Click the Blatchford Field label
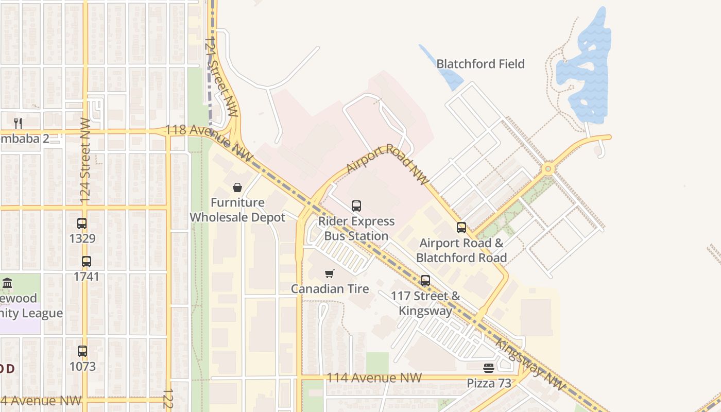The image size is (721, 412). pyautogui.click(x=480, y=64)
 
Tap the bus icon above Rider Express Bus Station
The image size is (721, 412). pyautogui.click(x=356, y=206)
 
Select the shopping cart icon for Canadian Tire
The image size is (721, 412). pyautogui.click(x=330, y=273)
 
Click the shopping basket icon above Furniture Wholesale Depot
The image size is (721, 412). pyautogui.click(x=237, y=187)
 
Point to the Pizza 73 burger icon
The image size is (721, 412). pyautogui.click(x=489, y=368)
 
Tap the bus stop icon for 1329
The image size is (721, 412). pyautogui.click(x=82, y=224)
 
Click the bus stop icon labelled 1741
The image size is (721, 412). pyautogui.click(x=86, y=262)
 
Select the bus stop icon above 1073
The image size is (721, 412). pyautogui.click(x=82, y=351)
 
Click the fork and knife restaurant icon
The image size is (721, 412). pyautogui.click(x=18, y=123)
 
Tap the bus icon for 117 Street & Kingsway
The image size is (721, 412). pyautogui.click(x=425, y=281)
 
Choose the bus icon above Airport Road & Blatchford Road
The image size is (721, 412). pyautogui.click(x=461, y=228)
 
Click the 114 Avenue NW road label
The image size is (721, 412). pyautogui.click(x=374, y=378)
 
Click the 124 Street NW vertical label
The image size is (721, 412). pyautogui.click(x=85, y=160)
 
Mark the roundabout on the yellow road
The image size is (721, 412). pyautogui.click(x=548, y=168)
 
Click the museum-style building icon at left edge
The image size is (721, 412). pyautogui.click(x=7, y=283)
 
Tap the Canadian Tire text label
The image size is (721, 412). pyautogui.click(x=330, y=289)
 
